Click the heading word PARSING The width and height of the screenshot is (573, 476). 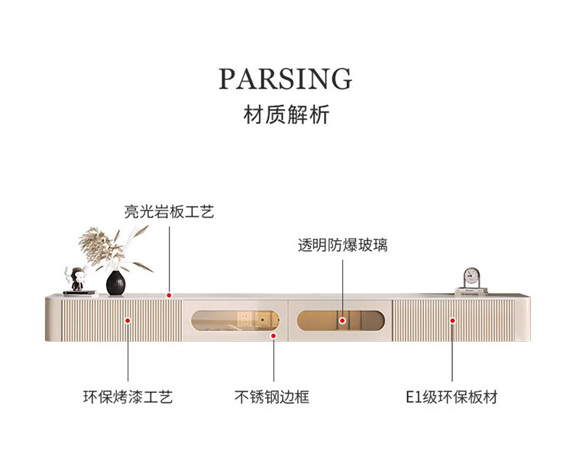[286, 79]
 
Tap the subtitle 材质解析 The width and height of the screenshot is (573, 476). [286, 115]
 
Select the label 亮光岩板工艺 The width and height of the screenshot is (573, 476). [170, 212]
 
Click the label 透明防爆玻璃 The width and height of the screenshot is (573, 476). [343, 246]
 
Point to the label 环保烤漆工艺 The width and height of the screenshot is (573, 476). [128, 397]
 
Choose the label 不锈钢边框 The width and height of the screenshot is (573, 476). [272, 397]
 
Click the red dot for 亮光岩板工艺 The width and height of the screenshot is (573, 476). [169, 294]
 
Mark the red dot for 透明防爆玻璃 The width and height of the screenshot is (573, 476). [343, 320]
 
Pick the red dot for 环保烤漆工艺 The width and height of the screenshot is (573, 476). [128, 320]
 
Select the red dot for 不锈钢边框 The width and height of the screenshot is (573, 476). [273, 334]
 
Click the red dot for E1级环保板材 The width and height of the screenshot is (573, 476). [452, 320]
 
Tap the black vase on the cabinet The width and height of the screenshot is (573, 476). [115, 283]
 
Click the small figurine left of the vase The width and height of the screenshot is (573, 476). [76, 280]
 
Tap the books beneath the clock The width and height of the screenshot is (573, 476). [471, 291]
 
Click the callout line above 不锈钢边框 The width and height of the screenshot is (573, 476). [273, 362]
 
